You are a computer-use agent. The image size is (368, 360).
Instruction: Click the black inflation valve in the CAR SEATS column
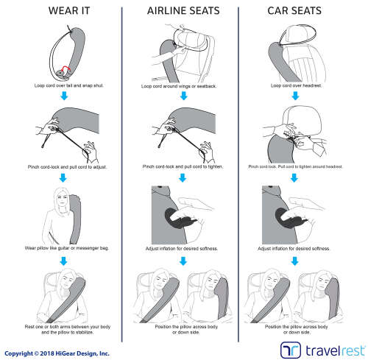click(x=295, y=219)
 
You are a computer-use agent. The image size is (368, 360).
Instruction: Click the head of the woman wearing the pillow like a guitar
click(x=60, y=197)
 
